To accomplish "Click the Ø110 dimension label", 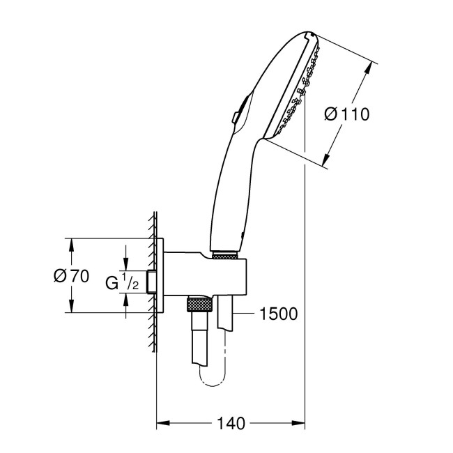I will (x=346, y=113).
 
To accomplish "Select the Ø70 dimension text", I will (x=70, y=275).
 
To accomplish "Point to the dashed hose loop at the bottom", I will (x=213, y=380).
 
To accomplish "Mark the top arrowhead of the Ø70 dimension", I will (x=70, y=243).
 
